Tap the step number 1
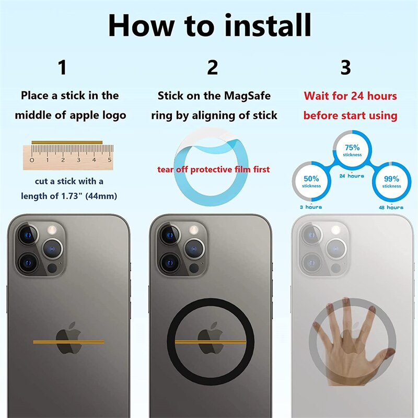tap(62, 67)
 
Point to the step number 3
tap(346, 67)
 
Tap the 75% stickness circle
tap(352, 150)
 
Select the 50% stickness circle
tap(312, 181)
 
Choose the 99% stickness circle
tap(391, 181)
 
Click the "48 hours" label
tap(391, 207)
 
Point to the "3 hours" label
tap(311, 207)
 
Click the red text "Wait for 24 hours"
tap(351, 96)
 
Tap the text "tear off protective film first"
tap(214, 169)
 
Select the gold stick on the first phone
tap(68, 342)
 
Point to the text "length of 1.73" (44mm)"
tap(68, 196)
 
